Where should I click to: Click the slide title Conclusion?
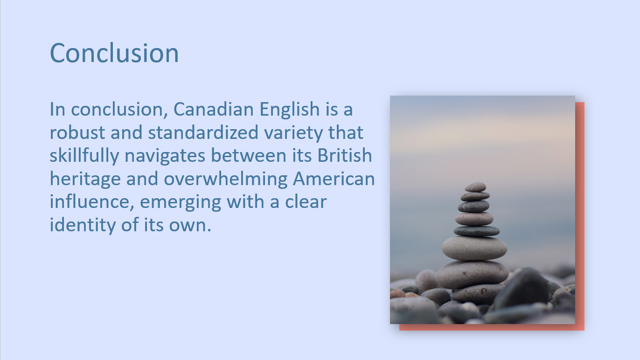[114, 53]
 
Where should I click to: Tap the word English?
[289, 110]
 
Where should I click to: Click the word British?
[345, 156]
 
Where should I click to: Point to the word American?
[334, 179]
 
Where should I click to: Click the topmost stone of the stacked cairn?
[475, 187]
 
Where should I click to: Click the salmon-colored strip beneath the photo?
[490, 327]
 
